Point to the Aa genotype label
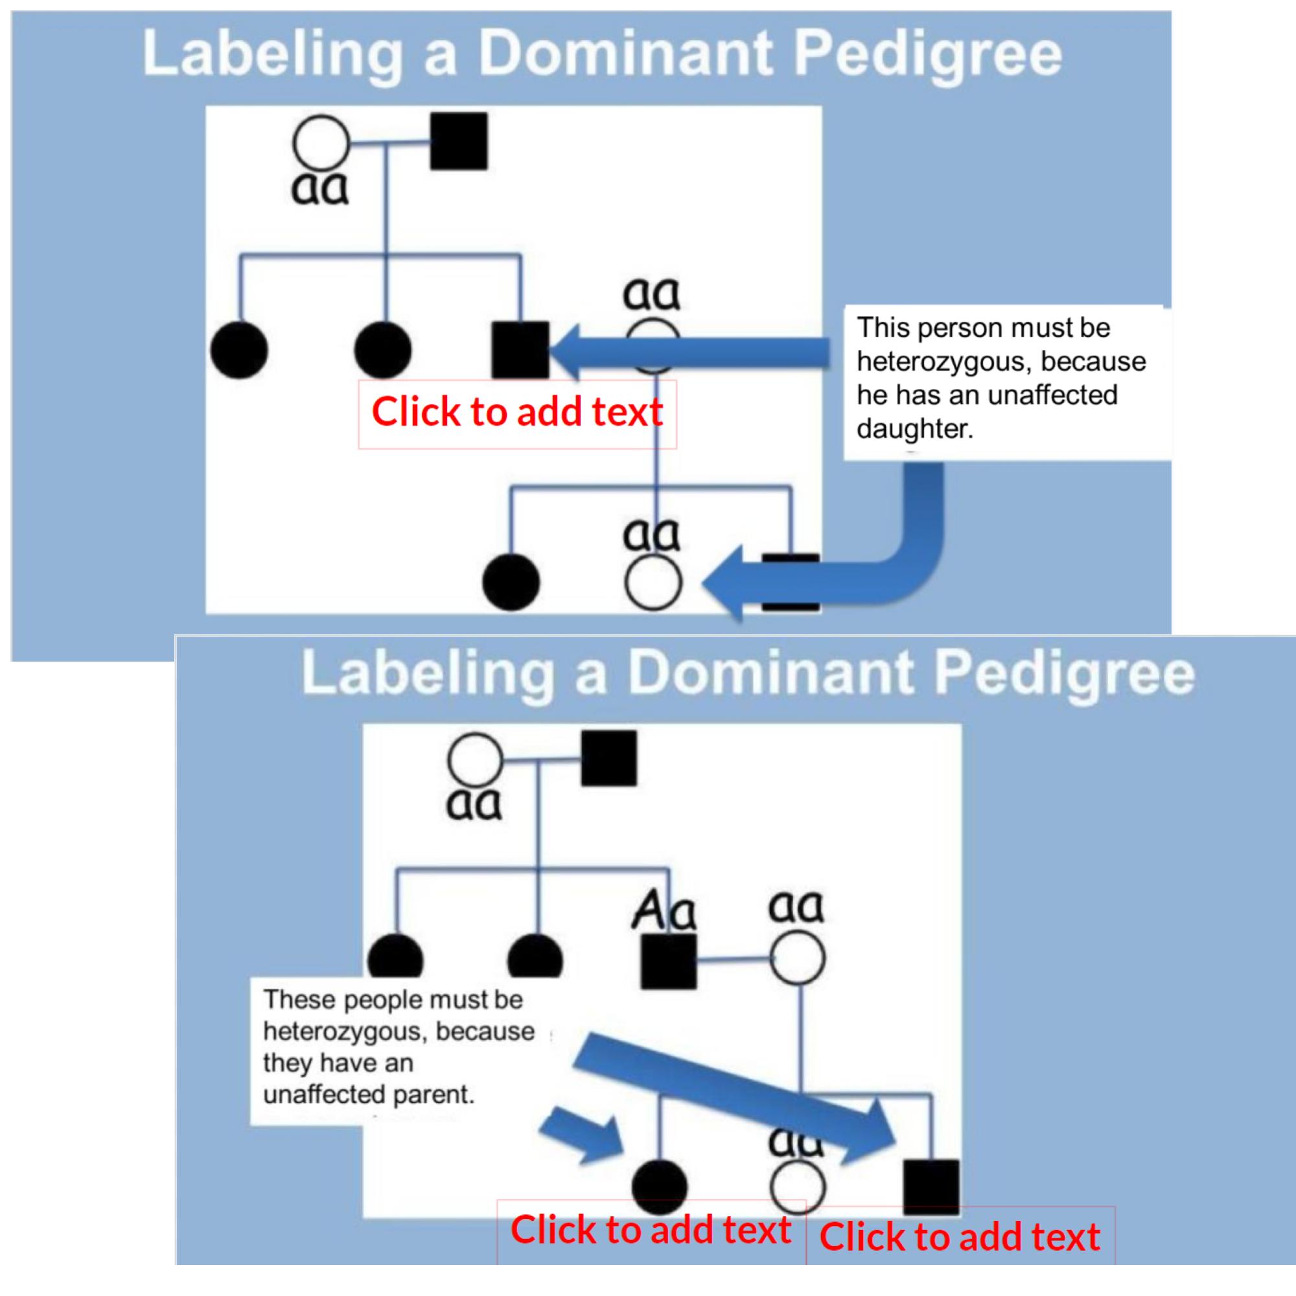(664, 913)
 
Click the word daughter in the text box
(914, 428)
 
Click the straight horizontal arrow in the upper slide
(691, 353)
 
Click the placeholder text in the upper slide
(516, 413)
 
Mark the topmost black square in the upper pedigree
(459, 141)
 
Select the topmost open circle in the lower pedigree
(474, 760)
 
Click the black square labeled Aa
(668, 960)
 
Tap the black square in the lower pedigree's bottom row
(931, 1188)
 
